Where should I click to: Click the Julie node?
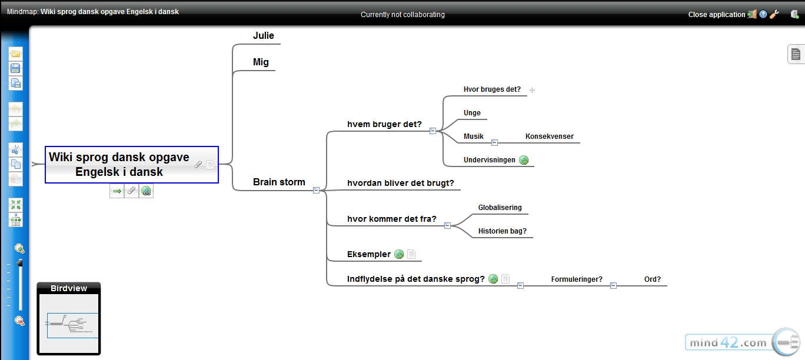pyautogui.click(x=264, y=35)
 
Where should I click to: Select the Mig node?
pyautogui.click(x=261, y=62)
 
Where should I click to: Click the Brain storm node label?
pyautogui.click(x=279, y=182)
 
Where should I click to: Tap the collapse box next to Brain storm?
pyautogui.click(x=316, y=191)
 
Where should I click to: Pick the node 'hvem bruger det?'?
pyautogui.click(x=384, y=124)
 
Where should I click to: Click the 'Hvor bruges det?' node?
pyautogui.click(x=492, y=89)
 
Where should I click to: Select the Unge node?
pyautogui.click(x=472, y=113)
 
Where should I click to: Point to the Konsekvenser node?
pyautogui.click(x=550, y=136)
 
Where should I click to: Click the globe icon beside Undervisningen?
pyautogui.click(x=524, y=160)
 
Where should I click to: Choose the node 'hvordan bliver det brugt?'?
pyautogui.click(x=401, y=183)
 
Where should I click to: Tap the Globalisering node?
pyautogui.click(x=500, y=208)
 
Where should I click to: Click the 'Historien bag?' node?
pyautogui.click(x=502, y=231)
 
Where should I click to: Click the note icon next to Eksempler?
pyautogui.click(x=411, y=254)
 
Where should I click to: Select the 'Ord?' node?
pyautogui.click(x=652, y=279)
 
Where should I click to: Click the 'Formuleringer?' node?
pyautogui.click(x=577, y=279)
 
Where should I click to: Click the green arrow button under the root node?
pyautogui.click(x=117, y=191)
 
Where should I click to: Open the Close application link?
pyautogui.click(x=717, y=14)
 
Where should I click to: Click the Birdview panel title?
pyautogui.click(x=69, y=288)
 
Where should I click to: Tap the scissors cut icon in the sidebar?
pyautogui.click(x=15, y=149)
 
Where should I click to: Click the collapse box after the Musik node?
pyautogui.click(x=494, y=143)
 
